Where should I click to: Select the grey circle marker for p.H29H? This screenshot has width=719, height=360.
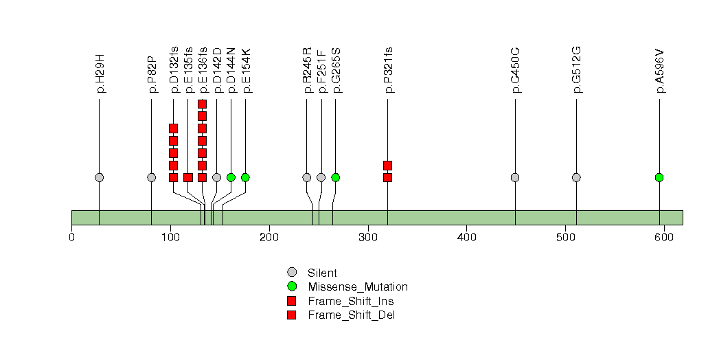pos(100,177)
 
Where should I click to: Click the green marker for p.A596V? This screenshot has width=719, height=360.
pos(659,177)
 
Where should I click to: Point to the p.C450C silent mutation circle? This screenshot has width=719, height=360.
pos(515,177)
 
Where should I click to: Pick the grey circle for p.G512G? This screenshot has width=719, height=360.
pos(576,177)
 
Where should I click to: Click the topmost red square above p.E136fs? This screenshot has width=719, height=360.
pos(202,104)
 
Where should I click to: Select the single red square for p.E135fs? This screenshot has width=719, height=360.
pos(187,177)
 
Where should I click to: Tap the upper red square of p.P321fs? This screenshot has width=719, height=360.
pos(387,165)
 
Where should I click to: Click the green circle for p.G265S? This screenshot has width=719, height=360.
pos(335,177)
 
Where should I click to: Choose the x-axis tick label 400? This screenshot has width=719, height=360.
pos(466,238)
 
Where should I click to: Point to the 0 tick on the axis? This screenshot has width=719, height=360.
pos(71,238)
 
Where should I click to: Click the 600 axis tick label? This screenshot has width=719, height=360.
pos(664,238)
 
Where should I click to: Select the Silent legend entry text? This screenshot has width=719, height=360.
pos(322,273)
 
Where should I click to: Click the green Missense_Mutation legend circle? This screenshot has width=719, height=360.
pos(292,286)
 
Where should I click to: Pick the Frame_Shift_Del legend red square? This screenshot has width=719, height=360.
pos(292,315)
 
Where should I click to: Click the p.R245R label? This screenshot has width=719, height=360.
pos(307,71)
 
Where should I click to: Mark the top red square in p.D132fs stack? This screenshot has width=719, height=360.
pos(173,128)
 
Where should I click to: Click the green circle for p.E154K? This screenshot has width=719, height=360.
pos(245,177)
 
